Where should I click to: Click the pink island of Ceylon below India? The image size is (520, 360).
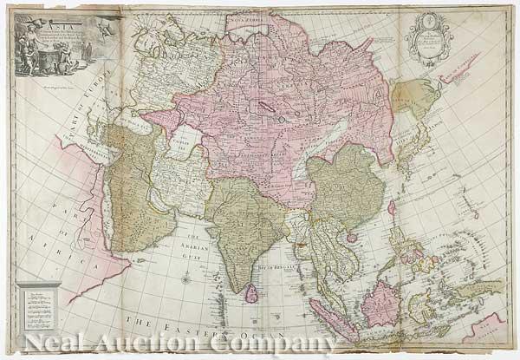pos(250,295)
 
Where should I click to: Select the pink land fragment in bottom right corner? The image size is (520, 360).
pos(495,330)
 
